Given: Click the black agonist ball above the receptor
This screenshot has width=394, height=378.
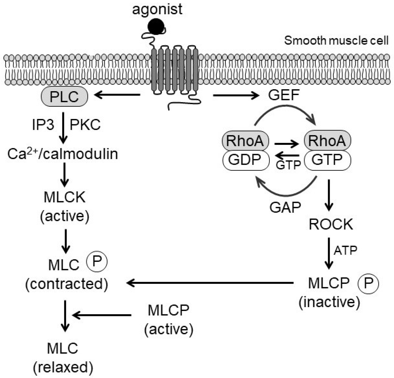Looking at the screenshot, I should [x=156, y=26].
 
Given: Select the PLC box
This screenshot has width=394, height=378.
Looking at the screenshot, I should [x=64, y=97].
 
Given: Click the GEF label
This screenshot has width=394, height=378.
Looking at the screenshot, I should [x=284, y=95].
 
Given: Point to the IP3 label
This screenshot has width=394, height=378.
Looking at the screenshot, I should [x=43, y=125].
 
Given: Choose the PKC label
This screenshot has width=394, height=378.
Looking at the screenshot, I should [x=85, y=125].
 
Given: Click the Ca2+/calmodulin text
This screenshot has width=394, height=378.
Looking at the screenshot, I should [x=63, y=154].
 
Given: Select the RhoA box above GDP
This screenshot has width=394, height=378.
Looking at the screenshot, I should [x=245, y=141].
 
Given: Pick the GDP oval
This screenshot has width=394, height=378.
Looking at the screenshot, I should [x=246, y=160].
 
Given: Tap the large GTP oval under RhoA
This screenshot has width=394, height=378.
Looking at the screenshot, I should [x=327, y=160].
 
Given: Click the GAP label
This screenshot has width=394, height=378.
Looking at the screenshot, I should [x=285, y=207].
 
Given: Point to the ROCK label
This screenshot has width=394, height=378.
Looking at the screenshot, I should [x=331, y=224].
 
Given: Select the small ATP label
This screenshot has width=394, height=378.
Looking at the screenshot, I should [x=345, y=250].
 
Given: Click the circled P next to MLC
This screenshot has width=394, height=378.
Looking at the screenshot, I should [x=97, y=262].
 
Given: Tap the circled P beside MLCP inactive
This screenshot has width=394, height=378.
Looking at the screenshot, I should [x=368, y=283].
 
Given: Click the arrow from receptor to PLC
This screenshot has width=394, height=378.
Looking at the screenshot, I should [x=117, y=95].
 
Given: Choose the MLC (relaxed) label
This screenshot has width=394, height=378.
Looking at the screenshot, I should [x=63, y=358].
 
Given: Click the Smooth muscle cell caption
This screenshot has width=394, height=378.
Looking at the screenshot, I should [x=336, y=41].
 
